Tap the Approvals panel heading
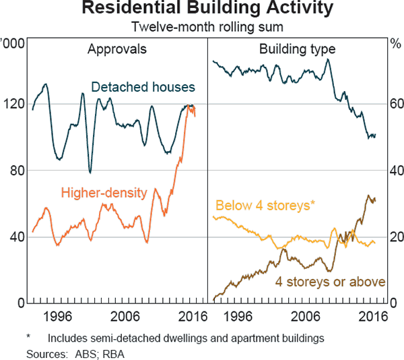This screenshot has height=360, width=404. pyautogui.click(x=116, y=49)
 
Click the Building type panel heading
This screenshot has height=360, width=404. pyautogui.click(x=297, y=49)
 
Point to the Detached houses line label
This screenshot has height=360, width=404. pyautogui.click(x=143, y=88)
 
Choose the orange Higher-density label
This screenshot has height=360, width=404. pyautogui.click(x=104, y=193)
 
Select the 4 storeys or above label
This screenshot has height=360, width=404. pyautogui.click(x=330, y=281)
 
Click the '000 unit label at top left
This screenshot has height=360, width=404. pyautogui.click(x=12, y=44)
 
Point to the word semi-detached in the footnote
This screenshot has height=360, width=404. pyautogui.click(x=128, y=337)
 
